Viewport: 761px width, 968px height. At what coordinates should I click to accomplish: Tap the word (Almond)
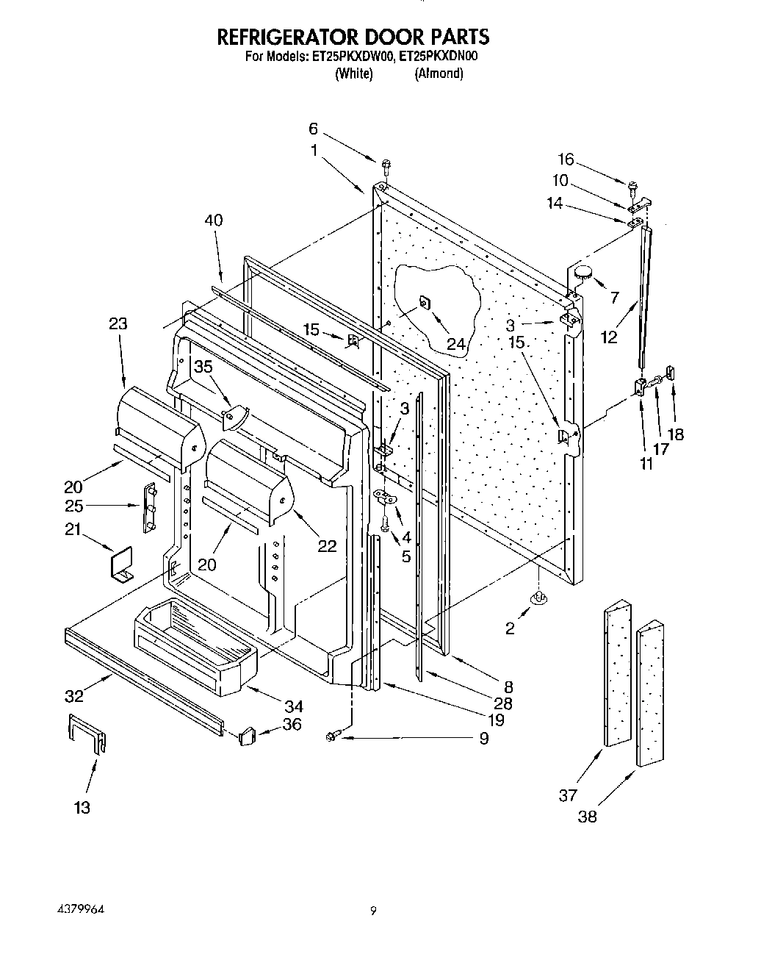tap(439, 74)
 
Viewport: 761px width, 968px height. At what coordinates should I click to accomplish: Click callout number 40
tap(214, 221)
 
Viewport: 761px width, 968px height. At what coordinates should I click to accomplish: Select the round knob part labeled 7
tap(583, 272)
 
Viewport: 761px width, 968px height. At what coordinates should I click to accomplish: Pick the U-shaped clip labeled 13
tap(87, 733)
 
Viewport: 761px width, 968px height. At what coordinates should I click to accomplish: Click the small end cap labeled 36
tap(247, 734)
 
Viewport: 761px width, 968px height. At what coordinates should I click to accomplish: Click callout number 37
tap(568, 795)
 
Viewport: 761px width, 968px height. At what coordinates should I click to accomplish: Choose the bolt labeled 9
tap(331, 736)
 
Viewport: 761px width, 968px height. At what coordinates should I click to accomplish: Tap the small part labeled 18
tap(672, 375)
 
